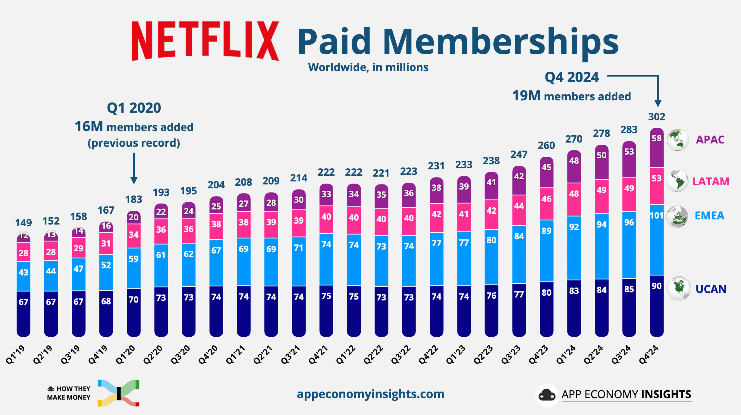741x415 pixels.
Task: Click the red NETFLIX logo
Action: [205, 41]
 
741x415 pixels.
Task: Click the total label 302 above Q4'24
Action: [657, 117]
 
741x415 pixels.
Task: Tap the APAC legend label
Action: [710, 140]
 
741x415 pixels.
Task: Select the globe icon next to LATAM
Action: [677, 181]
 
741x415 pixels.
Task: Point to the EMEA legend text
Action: [709, 216]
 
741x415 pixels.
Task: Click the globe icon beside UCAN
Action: [679, 288]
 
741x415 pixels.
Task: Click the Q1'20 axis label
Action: [126, 355]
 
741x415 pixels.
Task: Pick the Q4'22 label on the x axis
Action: [429, 355]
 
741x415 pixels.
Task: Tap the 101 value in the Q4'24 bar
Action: [656, 216]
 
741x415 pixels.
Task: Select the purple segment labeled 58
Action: [657, 148]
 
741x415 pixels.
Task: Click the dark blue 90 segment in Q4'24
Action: [657, 304]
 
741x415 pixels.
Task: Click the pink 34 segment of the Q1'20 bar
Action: [133, 235]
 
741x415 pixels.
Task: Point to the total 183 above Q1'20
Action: [133, 199]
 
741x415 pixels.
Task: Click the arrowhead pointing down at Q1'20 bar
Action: [134, 181]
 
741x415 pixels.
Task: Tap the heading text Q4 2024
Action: [572, 77]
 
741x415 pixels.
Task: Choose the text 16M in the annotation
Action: [89, 127]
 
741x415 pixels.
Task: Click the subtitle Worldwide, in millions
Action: [368, 68]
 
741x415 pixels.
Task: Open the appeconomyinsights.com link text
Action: [370, 394]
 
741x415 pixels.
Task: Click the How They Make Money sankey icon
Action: [118, 393]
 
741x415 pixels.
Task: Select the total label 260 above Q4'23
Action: [546, 146]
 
